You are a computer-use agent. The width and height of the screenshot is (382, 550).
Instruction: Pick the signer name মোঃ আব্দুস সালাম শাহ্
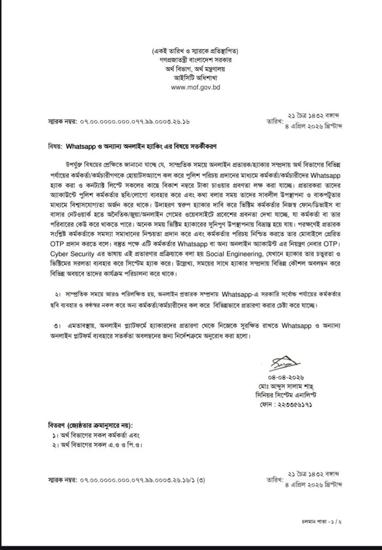point(293,385)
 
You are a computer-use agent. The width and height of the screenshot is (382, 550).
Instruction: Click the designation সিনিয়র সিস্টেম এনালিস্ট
point(296,394)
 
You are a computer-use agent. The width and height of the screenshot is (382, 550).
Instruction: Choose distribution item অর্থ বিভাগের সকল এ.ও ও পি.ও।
point(101,445)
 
